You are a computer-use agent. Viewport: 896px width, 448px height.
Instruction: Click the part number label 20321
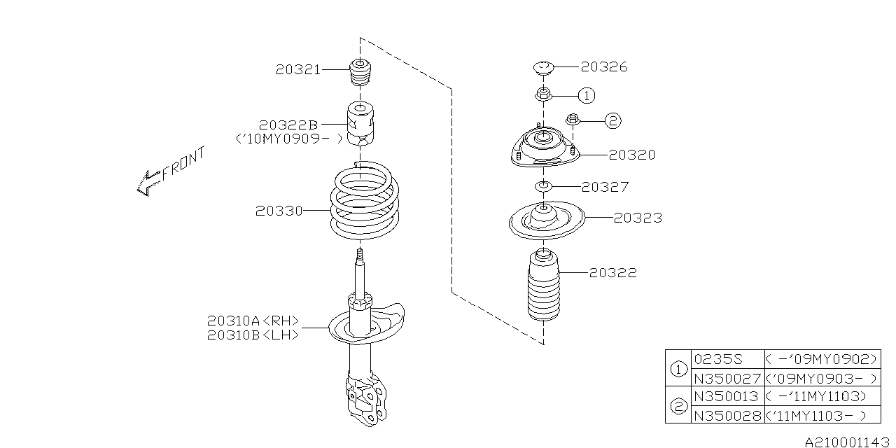click(x=298, y=69)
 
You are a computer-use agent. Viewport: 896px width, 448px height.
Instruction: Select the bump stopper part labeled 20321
click(x=360, y=72)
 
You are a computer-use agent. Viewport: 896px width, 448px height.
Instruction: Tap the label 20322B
click(x=288, y=125)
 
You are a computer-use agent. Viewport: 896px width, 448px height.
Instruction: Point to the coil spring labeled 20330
click(x=365, y=200)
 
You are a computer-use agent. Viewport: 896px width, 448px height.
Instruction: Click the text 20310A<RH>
click(x=253, y=321)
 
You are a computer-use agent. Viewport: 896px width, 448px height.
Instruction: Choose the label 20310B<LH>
click(x=253, y=335)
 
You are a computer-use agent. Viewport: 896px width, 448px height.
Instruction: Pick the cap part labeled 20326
click(x=543, y=68)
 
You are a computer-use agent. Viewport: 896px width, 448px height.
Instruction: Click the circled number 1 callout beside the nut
click(x=587, y=96)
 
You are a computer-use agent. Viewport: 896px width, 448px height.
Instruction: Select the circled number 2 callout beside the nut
click(x=612, y=120)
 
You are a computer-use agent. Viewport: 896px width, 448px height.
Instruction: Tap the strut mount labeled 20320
click(x=545, y=148)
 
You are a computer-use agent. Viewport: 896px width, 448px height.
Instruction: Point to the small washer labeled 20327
click(x=543, y=186)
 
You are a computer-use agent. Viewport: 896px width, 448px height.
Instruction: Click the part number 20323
click(x=638, y=218)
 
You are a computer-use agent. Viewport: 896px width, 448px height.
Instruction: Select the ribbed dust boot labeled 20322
click(x=544, y=285)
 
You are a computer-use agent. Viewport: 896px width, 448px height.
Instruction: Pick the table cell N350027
click(x=727, y=378)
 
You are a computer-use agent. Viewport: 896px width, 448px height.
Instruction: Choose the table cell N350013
click(x=727, y=396)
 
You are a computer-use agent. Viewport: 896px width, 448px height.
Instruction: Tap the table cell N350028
click(x=727, y=415)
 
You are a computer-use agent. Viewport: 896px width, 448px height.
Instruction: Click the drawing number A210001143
click(x=847, y=442)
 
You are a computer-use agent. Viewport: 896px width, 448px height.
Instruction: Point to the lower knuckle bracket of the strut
click(x=366, y=398)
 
